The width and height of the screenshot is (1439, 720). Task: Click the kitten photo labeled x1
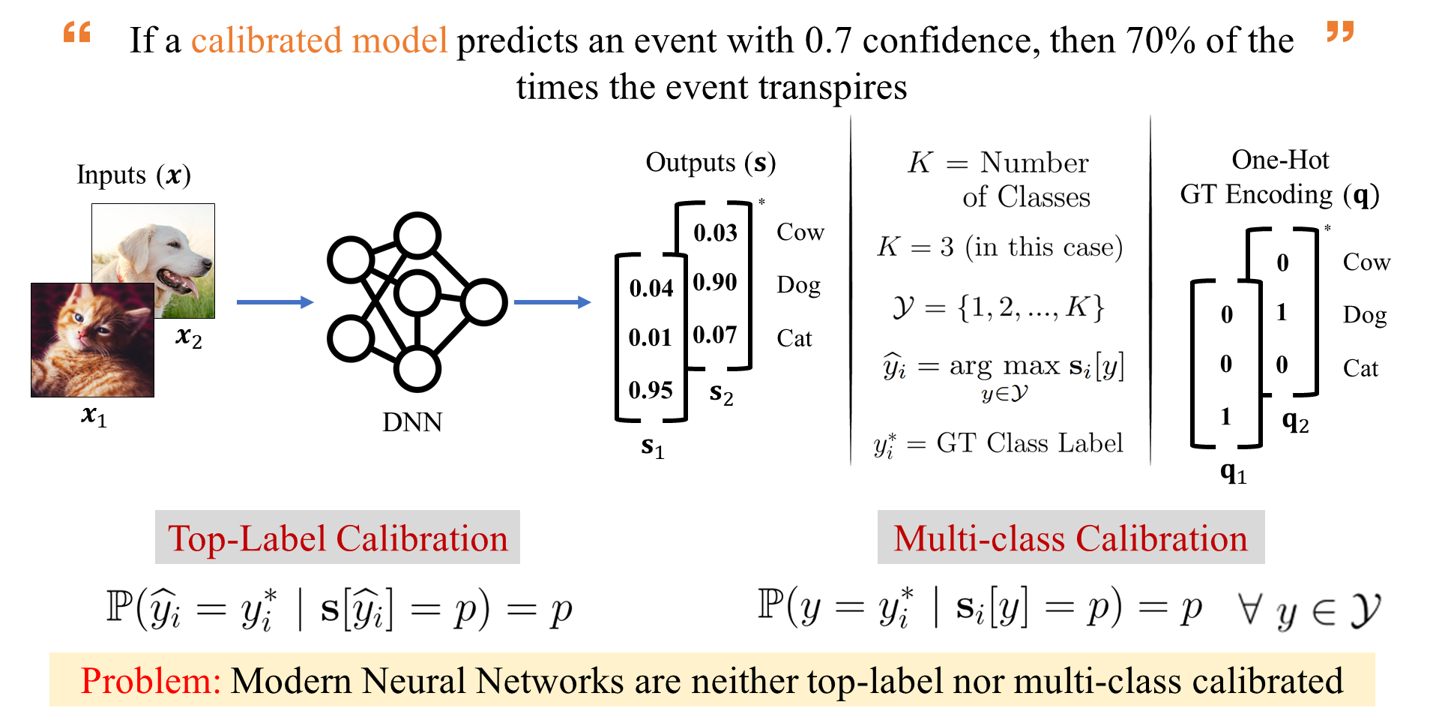[x=92, y=340]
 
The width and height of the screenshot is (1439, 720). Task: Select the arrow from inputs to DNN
[x=274, y=302]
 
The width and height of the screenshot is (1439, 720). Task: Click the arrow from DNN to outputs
[x=552, y=302]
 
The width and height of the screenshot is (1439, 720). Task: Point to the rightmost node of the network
[x=484, y=302]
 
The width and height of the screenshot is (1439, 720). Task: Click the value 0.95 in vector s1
[x=651, y=390]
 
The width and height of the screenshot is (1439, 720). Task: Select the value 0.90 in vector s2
[x=715, y=283]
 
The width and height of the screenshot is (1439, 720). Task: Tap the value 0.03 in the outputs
[x=715, y=233]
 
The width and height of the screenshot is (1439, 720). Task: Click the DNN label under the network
[x=412, y=422]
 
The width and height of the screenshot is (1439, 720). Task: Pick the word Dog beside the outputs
[x=798, y=286]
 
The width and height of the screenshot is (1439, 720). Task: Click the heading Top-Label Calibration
[x=337, y=538]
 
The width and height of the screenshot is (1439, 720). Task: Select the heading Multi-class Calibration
[x=1070, y=538]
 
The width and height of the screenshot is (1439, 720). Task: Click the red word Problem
[x=150, y=681]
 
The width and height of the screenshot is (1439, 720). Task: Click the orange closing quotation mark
[x=1340, y=31]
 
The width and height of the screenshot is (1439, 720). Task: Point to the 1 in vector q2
[x=1282, y=312]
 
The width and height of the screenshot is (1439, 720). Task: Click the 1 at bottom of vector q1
[x=1226, y=416]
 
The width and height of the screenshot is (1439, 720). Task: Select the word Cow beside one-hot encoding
[x=1366, y=262]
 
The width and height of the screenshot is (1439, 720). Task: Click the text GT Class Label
[x=1030, y=443]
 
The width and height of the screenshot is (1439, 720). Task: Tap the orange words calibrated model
[x=319, y=40]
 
